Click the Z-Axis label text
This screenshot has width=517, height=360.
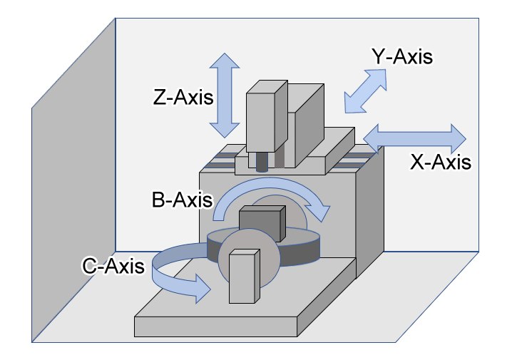(x=183, y=96)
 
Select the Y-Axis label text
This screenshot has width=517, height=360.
(x=402, y=56)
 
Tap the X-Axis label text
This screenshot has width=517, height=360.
(x=440, y=162)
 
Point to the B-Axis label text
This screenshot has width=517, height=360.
(x=182, y=199)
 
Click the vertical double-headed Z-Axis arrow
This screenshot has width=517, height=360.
(x=225, y=96)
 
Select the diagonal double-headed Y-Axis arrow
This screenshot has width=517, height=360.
(x=367, y=91)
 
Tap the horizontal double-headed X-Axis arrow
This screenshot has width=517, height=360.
(x=414, y=136)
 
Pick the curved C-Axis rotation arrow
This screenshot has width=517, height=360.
(x=165, y=271)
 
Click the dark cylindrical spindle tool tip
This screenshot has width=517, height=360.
(x=262, y=162)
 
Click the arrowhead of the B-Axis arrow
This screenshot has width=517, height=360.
(x=322, y=211)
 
